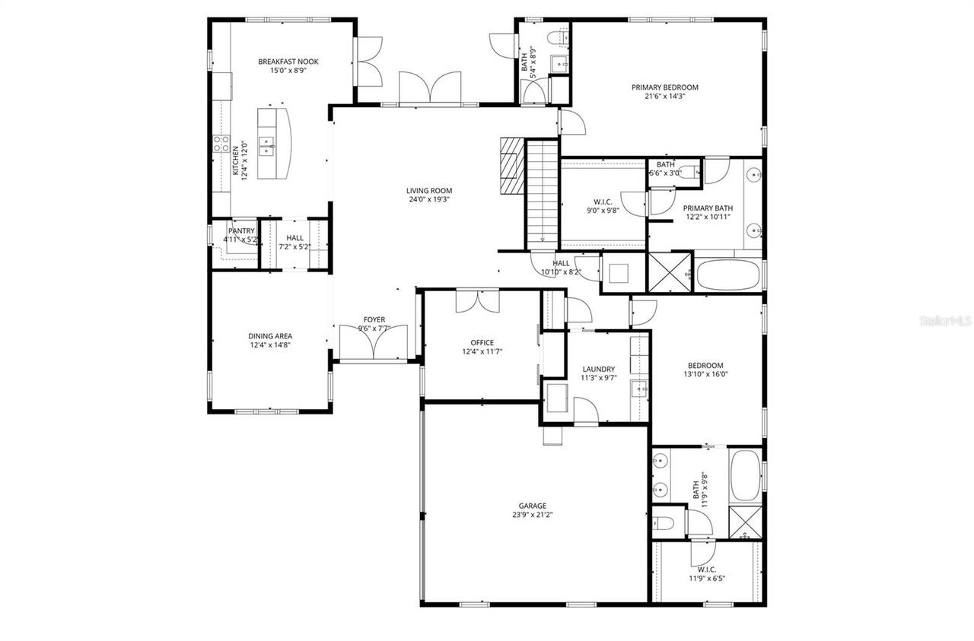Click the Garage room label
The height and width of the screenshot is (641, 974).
[x=533, y=506]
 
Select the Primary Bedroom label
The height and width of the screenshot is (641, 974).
[x=664, y=87]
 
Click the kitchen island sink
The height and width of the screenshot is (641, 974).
[x=267, y=144]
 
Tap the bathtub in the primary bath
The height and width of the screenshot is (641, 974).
[x=727, y=275]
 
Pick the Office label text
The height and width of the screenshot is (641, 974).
[x=482, y=343]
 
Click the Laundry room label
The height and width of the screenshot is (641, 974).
[x=598, y=369]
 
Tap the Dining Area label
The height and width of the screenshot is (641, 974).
[x=270, y=336]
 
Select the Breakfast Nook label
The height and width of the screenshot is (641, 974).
[x=288, y=62]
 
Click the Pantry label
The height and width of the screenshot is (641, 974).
[x=241, y=231]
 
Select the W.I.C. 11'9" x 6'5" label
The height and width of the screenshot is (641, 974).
[x=707, y=570]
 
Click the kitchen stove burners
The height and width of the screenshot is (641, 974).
[x=221, y=144]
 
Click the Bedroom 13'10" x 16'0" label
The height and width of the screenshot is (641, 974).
[x=705, y=365]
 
